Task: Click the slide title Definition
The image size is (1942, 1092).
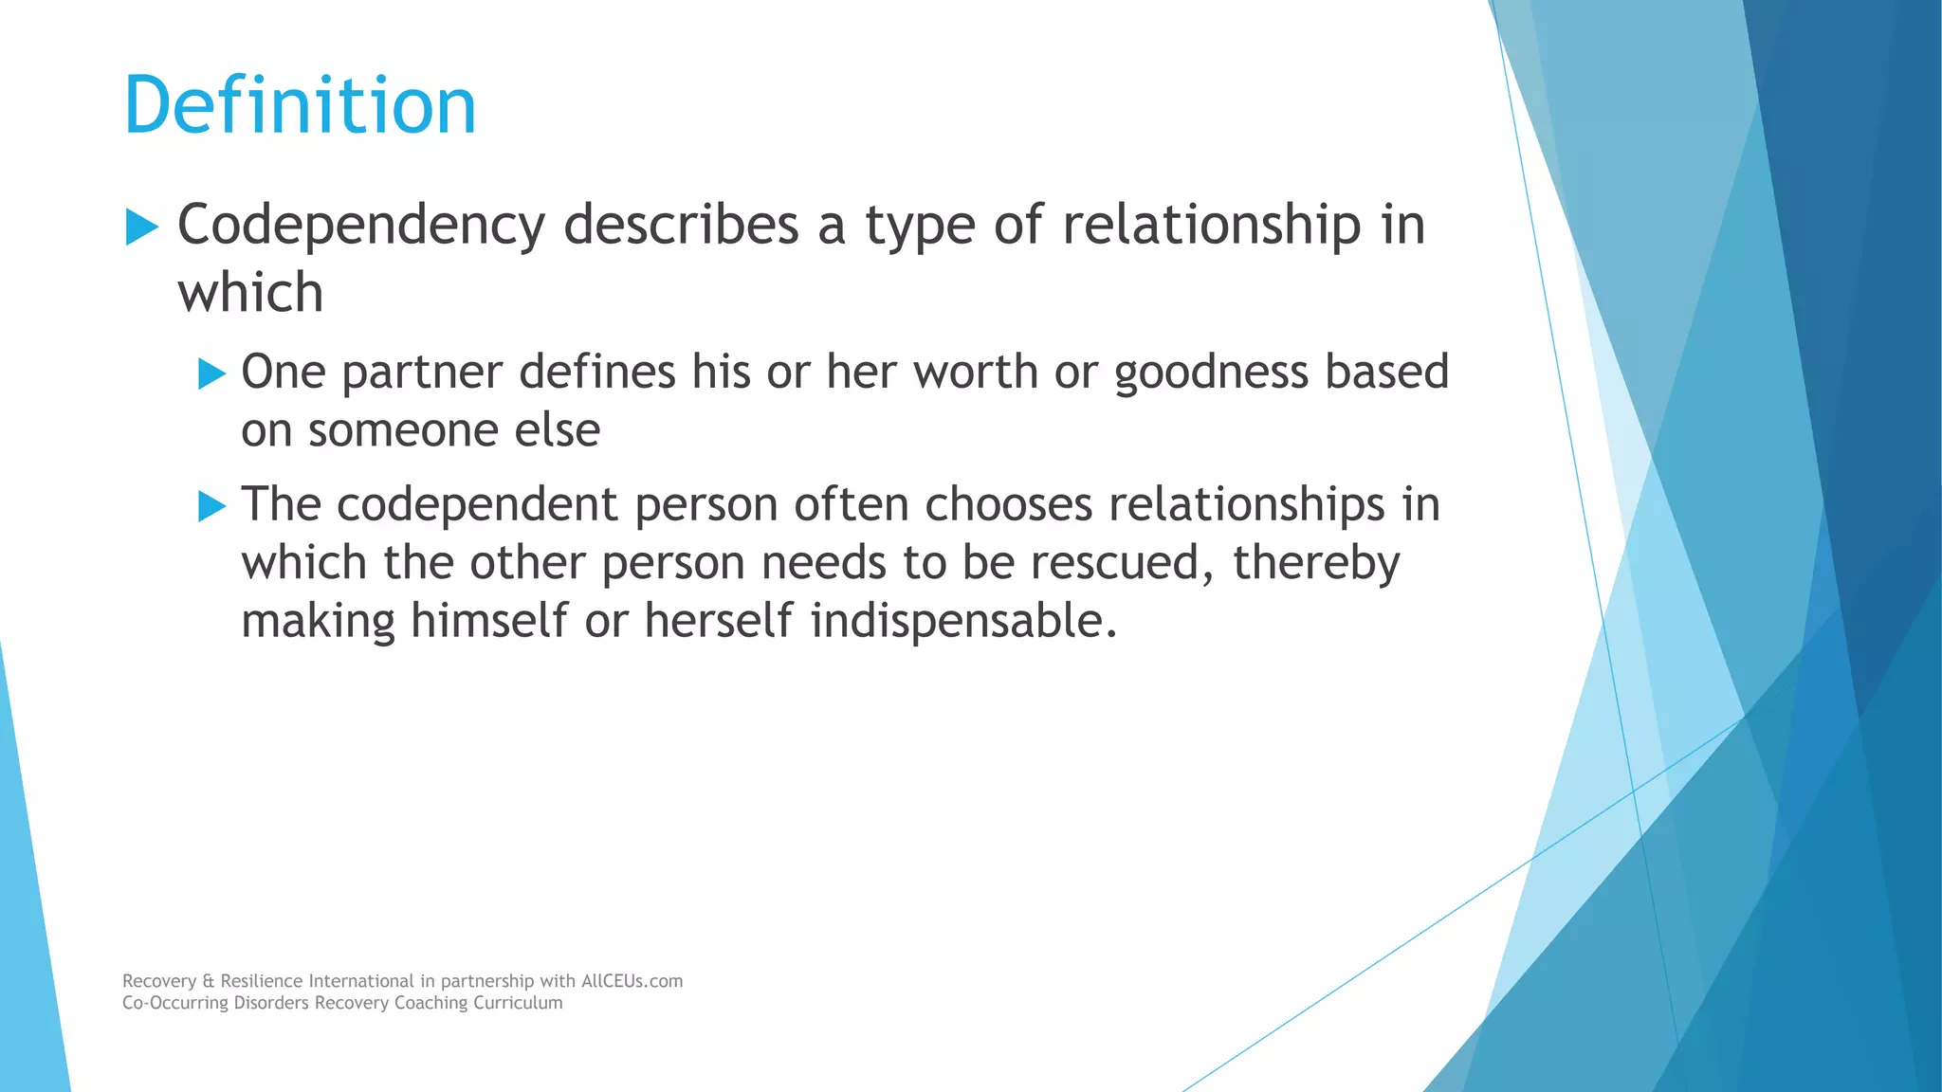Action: pyautogui.click(x=300, y=105)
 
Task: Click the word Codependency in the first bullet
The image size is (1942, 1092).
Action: pyautogui.click(x=361, y=227)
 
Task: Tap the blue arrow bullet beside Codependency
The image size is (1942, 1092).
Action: pyautogui.click(x=141, y=227)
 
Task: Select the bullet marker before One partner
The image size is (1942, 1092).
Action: pyautogui.click(x=211, y=373)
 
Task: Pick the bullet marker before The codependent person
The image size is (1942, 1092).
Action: pyautogui.click(x=211, y=506)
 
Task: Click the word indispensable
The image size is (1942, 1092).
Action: pyautogui.click(x=963, y=621)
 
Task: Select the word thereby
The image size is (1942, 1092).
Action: pyautogui.click(x=1315, y=563)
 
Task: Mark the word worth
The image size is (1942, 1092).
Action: pyautogui.click(x=976, y=372)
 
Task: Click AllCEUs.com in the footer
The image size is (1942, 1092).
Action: pyautogui.click(x=632, y=981)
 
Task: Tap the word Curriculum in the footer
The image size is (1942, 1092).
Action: pyautogui.click(x=519, y=1003)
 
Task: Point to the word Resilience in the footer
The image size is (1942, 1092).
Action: pyautogui.click(x=262, y=981)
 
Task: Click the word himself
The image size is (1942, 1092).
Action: pyautogui.click(x=489, y=621)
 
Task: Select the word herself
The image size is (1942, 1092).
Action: pyautogui.click(x=720, y=621)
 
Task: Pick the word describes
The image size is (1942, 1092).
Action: pyautogui.click(x=681, y=227)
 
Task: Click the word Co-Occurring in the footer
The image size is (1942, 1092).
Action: pyautogui.click(x=175, y=1003)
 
